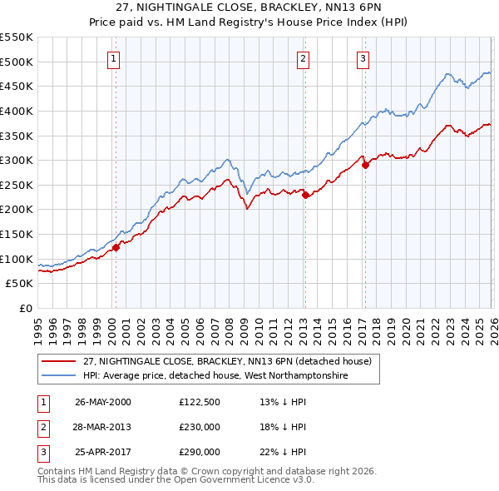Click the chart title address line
[249, 7]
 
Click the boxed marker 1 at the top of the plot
[113, 58]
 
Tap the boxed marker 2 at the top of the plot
[304, 58]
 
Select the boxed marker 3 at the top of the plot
[363, 58]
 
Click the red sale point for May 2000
[116, 247]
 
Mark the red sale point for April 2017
[365, 165]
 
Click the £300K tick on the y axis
[17, 160]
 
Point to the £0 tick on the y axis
[26, 309]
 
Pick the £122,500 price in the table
[200, 402]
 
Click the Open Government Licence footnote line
[176, 481]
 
